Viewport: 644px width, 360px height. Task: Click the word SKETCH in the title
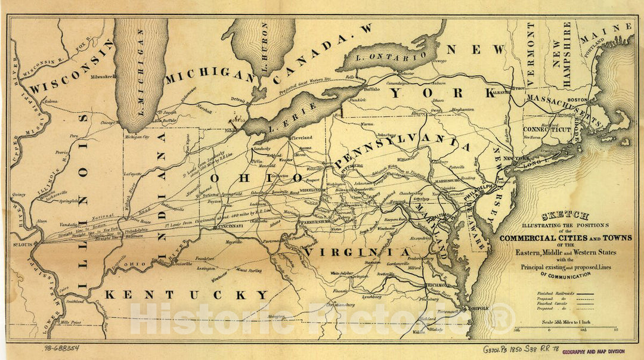point(565,216)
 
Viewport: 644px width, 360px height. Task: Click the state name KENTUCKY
point(187,294)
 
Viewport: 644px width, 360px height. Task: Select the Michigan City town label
point(137,137)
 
